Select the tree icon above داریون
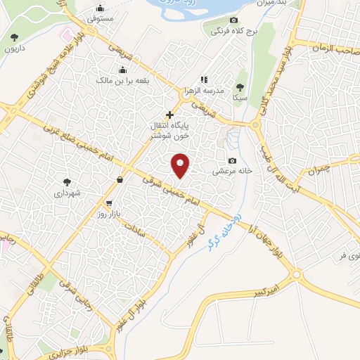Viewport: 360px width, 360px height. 15,36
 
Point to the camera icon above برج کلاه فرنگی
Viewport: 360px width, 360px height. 234,20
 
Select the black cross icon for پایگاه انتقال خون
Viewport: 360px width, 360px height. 169,114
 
